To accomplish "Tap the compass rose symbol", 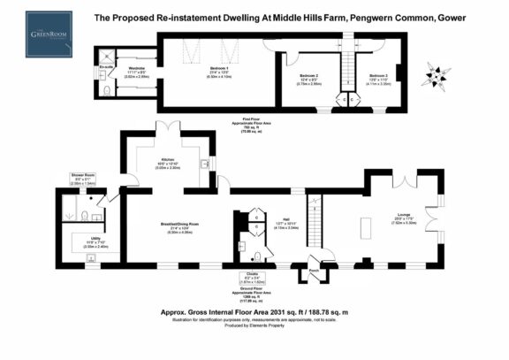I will pos(430,69).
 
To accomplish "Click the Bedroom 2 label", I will pos(309,76).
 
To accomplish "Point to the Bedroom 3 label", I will pos(378,76).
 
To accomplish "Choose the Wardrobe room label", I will pos(137,68).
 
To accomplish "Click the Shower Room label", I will pos(84,175).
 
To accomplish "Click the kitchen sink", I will pos(205,164).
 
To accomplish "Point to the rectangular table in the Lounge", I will pos(364,226).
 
